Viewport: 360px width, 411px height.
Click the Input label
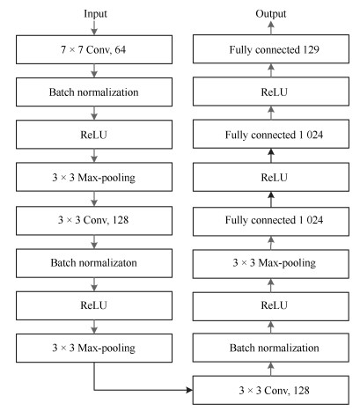95,14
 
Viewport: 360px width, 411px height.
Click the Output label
271,14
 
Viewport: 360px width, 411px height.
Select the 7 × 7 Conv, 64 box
94,49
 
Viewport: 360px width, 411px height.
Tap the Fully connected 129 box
271,49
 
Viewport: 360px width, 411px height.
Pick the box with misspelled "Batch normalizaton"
94,263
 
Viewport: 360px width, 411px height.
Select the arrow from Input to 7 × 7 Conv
94,27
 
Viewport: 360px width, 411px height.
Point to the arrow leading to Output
271,27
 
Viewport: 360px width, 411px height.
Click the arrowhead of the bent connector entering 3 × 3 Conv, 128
189,390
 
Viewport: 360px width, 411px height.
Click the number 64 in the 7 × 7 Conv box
120,50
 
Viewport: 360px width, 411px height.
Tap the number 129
311,49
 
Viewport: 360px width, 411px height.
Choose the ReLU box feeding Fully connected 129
271,92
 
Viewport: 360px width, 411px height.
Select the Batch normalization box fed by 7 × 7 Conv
94,92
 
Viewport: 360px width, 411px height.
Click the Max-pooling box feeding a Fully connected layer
271,264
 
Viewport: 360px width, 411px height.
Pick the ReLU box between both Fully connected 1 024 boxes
271,177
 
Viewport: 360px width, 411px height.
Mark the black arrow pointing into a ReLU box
271,199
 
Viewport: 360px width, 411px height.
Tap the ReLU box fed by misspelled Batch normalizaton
94,305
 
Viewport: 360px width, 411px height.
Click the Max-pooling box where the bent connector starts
94,348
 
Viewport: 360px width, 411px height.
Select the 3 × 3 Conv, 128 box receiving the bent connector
271,390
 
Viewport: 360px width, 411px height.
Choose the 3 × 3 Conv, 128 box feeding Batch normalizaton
94,221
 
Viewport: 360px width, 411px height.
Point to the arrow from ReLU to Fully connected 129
271,70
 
